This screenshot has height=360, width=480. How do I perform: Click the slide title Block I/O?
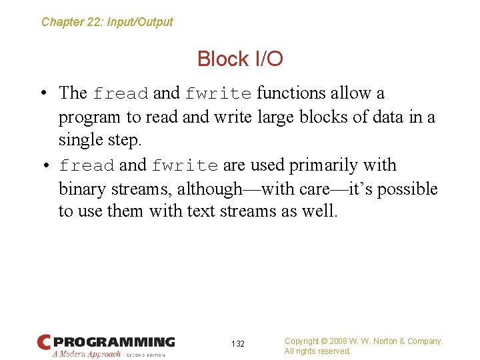click(240, 59)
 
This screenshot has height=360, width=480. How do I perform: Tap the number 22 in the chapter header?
click(95, 22)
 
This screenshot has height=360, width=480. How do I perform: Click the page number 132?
click(238, 344)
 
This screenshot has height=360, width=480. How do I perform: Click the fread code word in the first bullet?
click(121, 93)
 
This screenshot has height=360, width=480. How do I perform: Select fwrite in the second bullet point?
click(185, 165)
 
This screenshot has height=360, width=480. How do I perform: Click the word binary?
click(82, 189)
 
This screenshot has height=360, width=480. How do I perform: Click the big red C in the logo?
click(44, 343)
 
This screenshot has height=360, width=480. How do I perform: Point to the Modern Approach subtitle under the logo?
click(87, 355)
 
